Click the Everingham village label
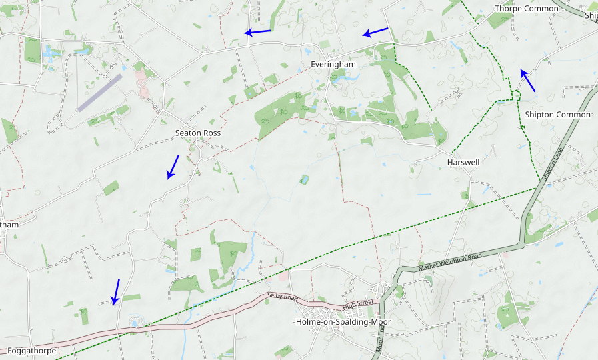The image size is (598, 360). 333,64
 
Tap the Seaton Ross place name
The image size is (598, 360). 198,133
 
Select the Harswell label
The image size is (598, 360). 463,162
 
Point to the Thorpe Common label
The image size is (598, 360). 527,9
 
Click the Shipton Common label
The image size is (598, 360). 557,115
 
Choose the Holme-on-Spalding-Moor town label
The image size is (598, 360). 343,322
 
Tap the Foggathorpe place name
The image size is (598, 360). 32,350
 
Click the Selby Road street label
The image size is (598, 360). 282,295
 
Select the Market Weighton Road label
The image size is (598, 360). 450,261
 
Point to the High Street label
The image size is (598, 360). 359,305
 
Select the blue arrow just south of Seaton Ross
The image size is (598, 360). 173,167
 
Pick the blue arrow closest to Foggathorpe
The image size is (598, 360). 116,291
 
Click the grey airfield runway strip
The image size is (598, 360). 100,92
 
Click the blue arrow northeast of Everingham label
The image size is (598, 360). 375,31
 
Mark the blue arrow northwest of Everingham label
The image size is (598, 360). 257,31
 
